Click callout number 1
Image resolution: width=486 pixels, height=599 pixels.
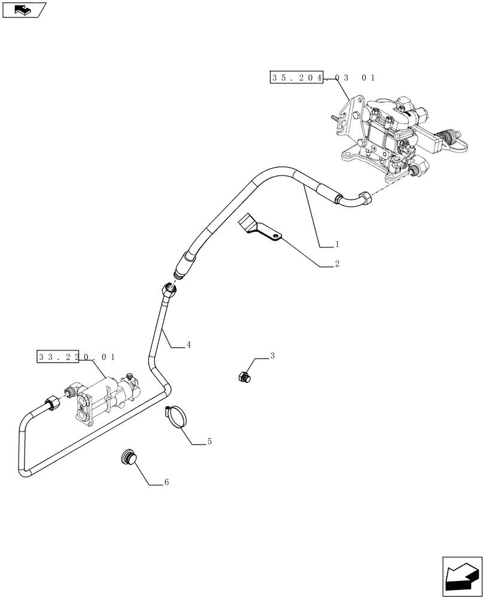click(x=337, y=244)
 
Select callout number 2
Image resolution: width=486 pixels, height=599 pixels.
click(x=337, y=264)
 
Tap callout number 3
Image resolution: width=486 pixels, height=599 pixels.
click(x=272, y=356)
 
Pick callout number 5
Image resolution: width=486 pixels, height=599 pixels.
click(x=209, y=441)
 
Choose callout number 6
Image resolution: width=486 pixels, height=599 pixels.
click(x=166, y=483)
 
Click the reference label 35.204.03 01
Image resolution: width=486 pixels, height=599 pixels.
click(x=323, y=78)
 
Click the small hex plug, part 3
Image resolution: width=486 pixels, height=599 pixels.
click(x=245, y=377)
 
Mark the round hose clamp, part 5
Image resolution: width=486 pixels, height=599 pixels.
click(x=177, y=417)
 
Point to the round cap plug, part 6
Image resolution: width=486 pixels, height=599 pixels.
click(x=128, y=457)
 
